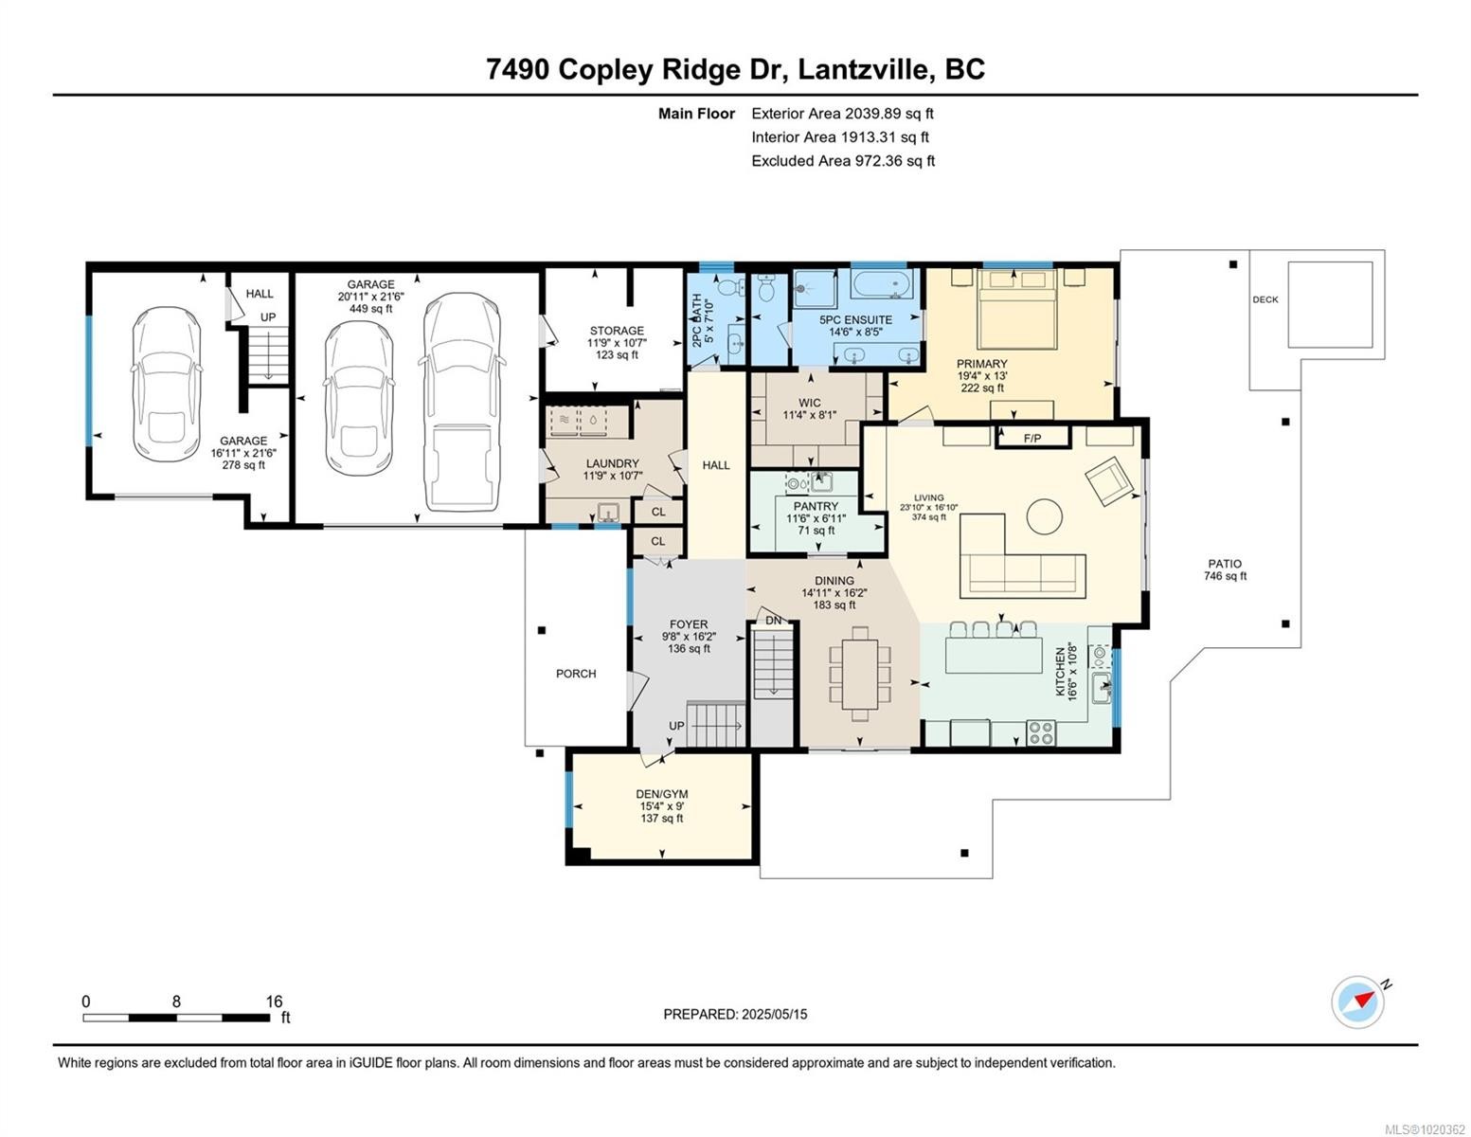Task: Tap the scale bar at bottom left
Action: [x=176, y=1018]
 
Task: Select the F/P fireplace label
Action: [x=1031, y=438]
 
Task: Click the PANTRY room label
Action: [x=816, y=507]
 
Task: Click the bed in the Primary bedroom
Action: [x=1016, y=308]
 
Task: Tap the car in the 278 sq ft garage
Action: [x=168, y=384]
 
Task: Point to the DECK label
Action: [x=1265, y=299]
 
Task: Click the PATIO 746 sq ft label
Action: [x=1225, y=569]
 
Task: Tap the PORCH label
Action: [x=576, y=674]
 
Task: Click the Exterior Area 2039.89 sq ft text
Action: [x=842, y=114]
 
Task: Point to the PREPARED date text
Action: [x=735, y=1014]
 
